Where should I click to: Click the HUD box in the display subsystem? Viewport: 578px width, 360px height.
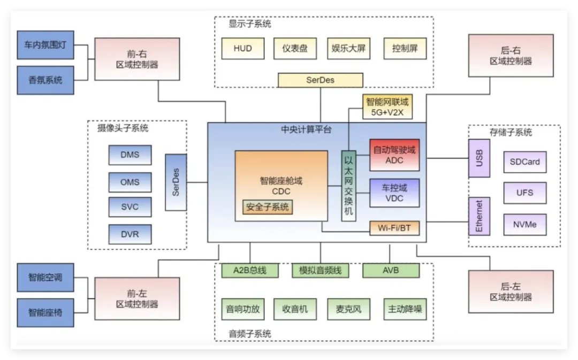(242, 49)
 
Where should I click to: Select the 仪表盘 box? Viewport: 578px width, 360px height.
(295, 49)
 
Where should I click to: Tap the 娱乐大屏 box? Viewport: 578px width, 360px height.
(348, 49)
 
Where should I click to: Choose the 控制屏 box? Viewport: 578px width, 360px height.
(405, 49)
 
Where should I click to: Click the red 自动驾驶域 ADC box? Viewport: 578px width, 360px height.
(394, 155)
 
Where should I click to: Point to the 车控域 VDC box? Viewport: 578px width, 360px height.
(394, 193)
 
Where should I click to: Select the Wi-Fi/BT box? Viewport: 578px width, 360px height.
(394, 228)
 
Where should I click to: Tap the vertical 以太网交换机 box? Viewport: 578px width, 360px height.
(348, 186)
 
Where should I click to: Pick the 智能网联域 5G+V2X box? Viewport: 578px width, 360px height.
(387, 106)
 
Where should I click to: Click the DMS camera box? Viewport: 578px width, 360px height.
(130, 155)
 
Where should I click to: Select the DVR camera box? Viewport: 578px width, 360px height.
(130, 234)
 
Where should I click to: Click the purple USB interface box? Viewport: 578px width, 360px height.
(479, 158)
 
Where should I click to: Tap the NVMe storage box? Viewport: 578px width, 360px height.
(524, 225)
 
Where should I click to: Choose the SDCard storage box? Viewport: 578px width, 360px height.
(524, 162)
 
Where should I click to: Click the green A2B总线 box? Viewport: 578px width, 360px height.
(250, 271)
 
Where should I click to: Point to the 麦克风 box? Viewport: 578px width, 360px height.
(348, 309)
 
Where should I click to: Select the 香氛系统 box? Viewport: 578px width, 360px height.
(45, 80)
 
